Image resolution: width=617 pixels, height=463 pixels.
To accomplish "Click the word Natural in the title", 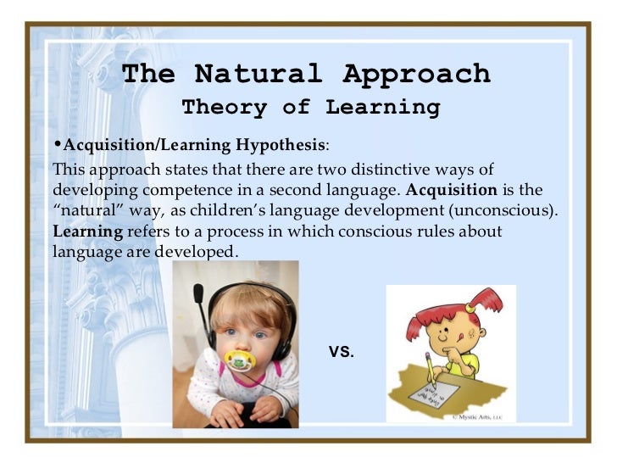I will (258, 75).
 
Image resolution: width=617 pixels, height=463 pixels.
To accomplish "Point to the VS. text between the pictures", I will (341, 349).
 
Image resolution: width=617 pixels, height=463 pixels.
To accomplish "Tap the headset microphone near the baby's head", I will (198, 296).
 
